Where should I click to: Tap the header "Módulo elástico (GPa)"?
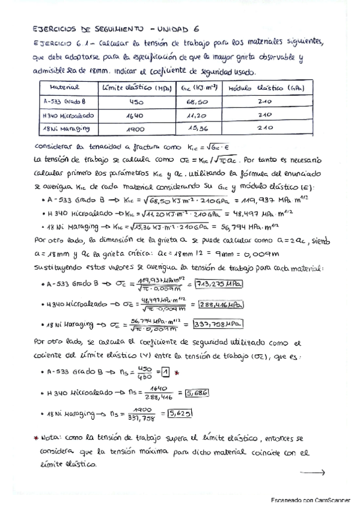tap(261, 88)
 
